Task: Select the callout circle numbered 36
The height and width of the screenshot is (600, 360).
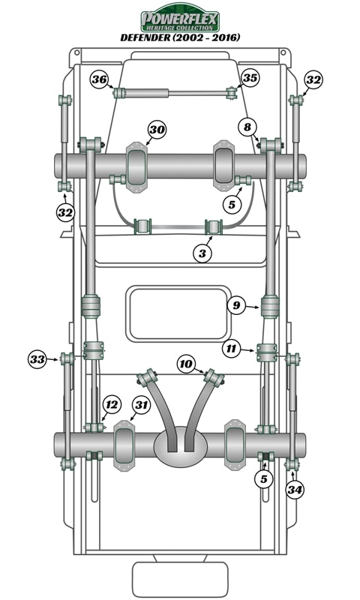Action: pos(100,79)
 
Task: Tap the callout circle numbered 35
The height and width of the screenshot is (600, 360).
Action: pos(250,78)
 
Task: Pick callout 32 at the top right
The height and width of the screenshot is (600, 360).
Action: pos(313,79)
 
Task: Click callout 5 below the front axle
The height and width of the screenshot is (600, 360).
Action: pos(232,202)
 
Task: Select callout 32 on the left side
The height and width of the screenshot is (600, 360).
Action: pos(66,212)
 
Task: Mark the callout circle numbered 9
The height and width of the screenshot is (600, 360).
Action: pos(236,305)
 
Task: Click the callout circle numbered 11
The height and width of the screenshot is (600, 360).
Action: pos(232,349)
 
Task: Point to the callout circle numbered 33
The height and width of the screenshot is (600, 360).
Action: pos(37,359)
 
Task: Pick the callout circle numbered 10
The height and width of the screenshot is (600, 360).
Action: pos(187,364)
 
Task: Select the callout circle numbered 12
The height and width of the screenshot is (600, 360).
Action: pos(111,405)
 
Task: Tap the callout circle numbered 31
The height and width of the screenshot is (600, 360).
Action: pos(141,406)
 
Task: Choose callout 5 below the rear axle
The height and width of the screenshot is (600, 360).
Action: pos(263,478)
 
